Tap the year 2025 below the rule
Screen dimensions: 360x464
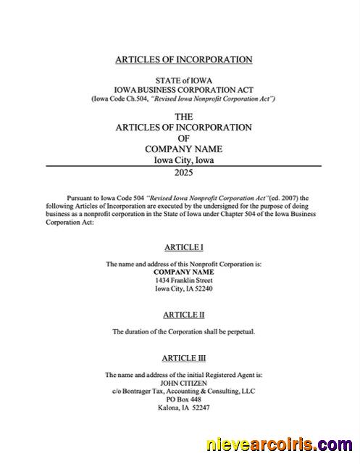[x=183, y=173]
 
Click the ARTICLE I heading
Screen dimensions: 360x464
[x=183, y=247]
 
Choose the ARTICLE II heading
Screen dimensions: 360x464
[x=183, y=315]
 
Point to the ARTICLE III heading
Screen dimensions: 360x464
[x=183, y=358]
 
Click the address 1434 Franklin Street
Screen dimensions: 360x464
[x=183, y=280]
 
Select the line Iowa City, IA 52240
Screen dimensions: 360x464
[x=183, y=289]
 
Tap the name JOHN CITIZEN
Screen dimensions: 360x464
[x=183, y=382]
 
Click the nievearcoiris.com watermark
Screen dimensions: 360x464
[x=280, y=444]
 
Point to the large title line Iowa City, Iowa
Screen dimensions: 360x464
[x=183, y=160]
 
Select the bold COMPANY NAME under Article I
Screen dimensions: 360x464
[x=183, y=272]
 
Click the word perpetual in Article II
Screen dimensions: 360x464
[x=238, y=331]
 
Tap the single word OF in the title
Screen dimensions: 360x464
[x=183, y=138]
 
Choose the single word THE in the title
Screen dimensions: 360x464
[x=183, y=116]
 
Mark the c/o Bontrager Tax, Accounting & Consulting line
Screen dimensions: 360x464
[x=183, y=391]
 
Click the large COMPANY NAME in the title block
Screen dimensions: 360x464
[x=183, y=149]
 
